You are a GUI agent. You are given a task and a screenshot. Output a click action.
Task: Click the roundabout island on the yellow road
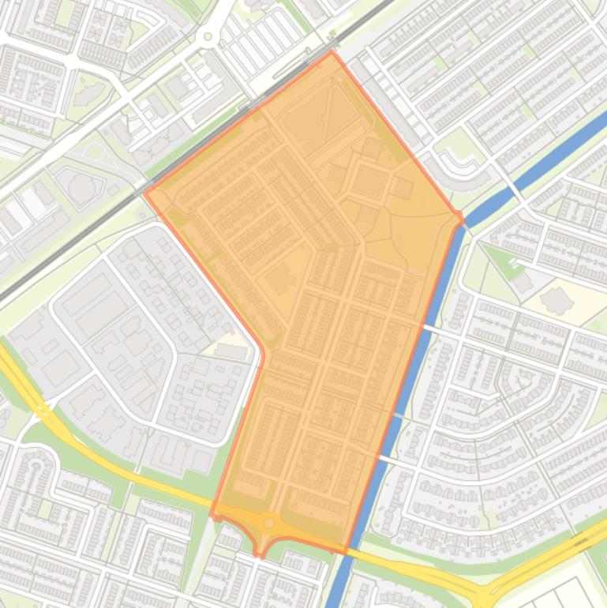coord(269,523)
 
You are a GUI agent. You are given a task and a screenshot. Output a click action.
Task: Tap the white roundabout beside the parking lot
coord(208,36)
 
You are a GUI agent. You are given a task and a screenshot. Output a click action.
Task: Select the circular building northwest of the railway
coord(81,188)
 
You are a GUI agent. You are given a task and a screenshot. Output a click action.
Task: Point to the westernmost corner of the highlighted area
coord(144,192)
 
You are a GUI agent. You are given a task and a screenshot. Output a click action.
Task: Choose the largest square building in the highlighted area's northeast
coord(369,182)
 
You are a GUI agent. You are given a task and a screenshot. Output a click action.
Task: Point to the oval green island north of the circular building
coord(96,151)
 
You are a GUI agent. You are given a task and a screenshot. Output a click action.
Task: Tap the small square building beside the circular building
coord(114,190)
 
